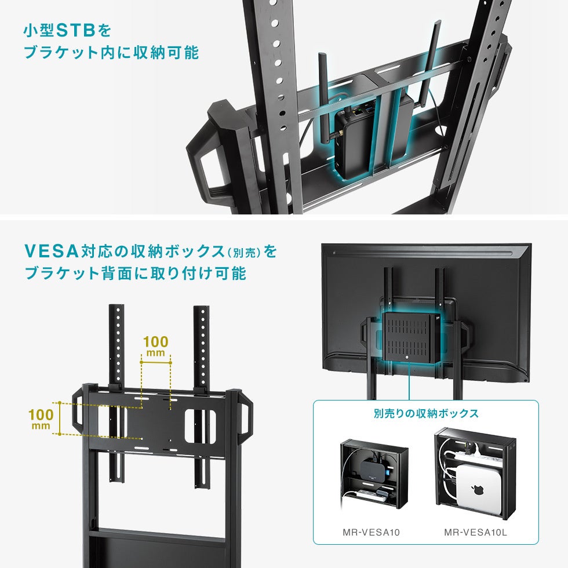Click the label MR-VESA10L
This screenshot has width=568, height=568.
pyautogui.click(x=475, y=532)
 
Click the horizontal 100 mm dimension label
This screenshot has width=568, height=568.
pyautogui.click(x=156, y=346)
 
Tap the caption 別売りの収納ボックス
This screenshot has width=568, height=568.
pyautogui.click(x=426, y=413)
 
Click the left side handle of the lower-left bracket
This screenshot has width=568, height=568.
pyautogui.click(x=78, y=412)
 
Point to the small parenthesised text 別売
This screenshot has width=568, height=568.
pyautogui.click(x=243, y=253)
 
